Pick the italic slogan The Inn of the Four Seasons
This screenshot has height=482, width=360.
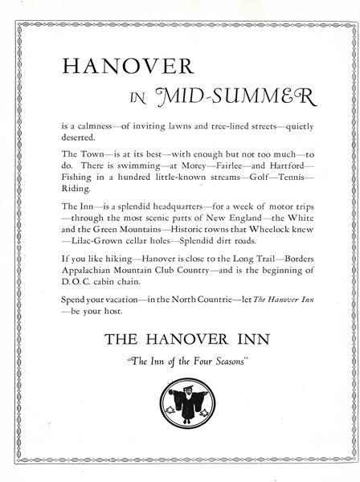pyautogui.click(x=179, y=357)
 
